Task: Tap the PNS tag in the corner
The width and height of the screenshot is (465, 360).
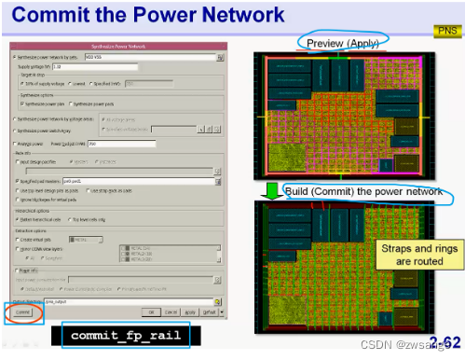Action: (x=444, y=32)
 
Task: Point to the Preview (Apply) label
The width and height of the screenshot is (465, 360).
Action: (x=341, y=42)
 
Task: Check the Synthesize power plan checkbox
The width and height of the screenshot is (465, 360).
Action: (x=22, y=103)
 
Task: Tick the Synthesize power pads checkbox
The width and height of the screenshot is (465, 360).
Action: (x=71, y=103)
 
